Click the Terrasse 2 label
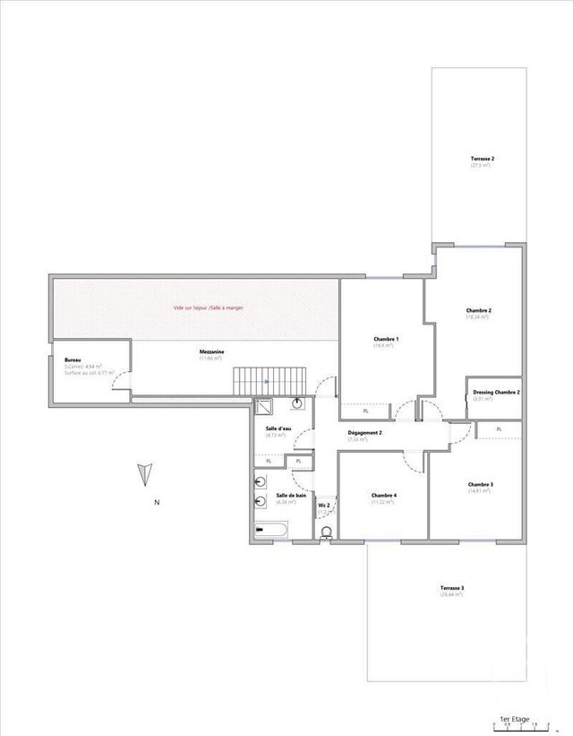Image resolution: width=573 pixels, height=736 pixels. tap(483, 159)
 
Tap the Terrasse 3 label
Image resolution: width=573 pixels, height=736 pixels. tap(451, 588)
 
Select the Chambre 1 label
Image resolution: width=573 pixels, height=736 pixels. tap(386, 339)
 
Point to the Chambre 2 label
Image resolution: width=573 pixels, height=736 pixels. tap(478, 310)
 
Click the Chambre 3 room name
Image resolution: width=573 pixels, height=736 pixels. tap(480, 485)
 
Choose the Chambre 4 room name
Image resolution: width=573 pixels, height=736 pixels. tap(384, 496)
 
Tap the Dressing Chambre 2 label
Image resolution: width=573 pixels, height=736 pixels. tap(496, 392)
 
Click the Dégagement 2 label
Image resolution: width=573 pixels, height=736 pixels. tap(365, 433)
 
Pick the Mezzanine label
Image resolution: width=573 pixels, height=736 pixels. tap(212, 352)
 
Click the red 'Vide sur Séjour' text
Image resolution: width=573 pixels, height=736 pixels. tap(209, 307)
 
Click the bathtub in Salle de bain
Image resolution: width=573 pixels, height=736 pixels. tap(269, 531)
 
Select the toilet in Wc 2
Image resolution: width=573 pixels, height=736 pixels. tap(326, 533)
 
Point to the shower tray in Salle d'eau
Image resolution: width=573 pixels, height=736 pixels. tap(266, 407)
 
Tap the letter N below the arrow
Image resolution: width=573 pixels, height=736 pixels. tap(157, 503)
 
